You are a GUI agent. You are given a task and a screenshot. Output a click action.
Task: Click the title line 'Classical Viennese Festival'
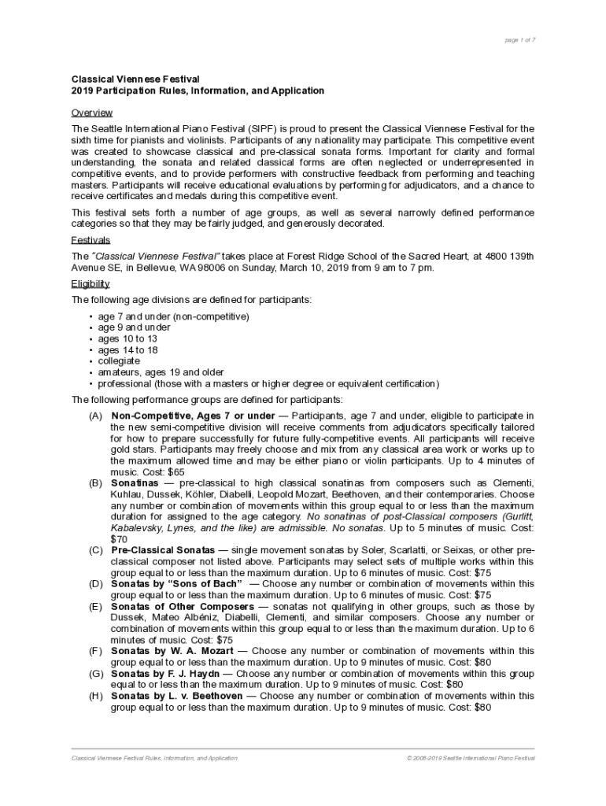136,79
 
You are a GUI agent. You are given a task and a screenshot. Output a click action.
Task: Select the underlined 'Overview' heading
92,113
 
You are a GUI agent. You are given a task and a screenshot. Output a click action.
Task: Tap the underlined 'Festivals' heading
91,240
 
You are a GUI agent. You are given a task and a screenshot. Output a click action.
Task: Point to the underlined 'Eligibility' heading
91,283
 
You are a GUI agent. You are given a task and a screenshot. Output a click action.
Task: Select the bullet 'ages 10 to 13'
127,338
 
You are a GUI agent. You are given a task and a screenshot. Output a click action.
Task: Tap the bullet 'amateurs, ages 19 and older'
161,372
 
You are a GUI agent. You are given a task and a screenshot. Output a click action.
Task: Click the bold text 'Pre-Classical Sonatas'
163,550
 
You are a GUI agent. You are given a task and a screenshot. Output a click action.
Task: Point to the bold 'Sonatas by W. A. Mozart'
172,651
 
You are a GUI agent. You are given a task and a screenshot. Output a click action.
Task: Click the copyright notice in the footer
471,758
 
